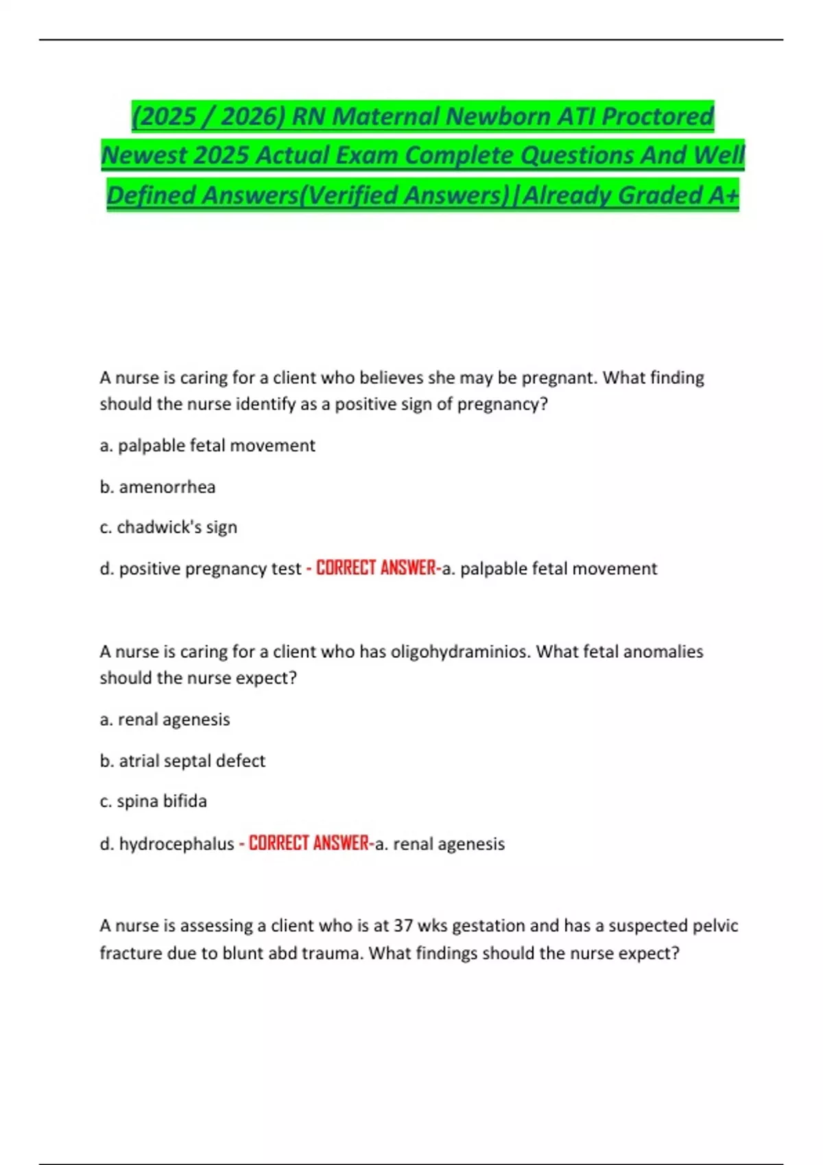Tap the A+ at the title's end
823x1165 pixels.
click(724, 195)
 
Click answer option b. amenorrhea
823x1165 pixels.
click(158, 487)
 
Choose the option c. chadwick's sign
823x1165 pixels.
click(169, 527)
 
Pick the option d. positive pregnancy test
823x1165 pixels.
click(200, 569)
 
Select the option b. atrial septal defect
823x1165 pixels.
click(182, 761)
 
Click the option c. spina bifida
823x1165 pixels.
click(154, 801)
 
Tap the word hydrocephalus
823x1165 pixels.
click(176, 844)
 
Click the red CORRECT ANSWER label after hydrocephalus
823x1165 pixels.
click(309, 843)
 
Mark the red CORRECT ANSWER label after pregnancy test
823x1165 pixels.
click(376, 568)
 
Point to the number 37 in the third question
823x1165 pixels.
click(403, 926)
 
